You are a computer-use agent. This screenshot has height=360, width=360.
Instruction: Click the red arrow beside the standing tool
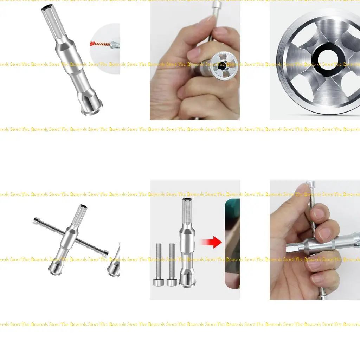tap(213, 242)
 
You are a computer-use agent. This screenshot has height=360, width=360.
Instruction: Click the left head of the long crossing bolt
tap(36, 221)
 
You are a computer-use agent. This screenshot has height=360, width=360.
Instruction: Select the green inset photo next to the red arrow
tap(233, 243)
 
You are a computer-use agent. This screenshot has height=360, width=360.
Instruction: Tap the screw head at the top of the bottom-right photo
tap(310, 184)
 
